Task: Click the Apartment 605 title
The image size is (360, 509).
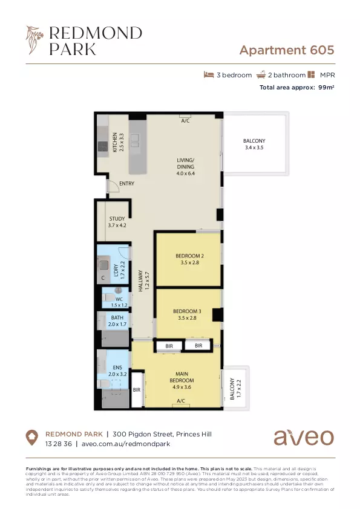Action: point(286,50)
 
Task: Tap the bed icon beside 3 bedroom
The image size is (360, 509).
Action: point(209,75)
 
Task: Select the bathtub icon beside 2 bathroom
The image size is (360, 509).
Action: point(261,75)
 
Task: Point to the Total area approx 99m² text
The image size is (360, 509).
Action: point(296,88)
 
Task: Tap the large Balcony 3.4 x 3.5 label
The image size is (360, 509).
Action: point(254,144)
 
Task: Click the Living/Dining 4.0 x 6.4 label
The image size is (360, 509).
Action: point(186,166)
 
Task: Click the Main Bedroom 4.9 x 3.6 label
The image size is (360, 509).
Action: point(180,381)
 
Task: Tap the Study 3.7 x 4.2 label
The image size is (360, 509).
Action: point(117,222)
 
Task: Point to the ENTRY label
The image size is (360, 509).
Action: point(126,184)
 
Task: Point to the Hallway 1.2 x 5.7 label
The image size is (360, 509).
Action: point(143,281)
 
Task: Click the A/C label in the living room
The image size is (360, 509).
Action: point(185,121)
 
